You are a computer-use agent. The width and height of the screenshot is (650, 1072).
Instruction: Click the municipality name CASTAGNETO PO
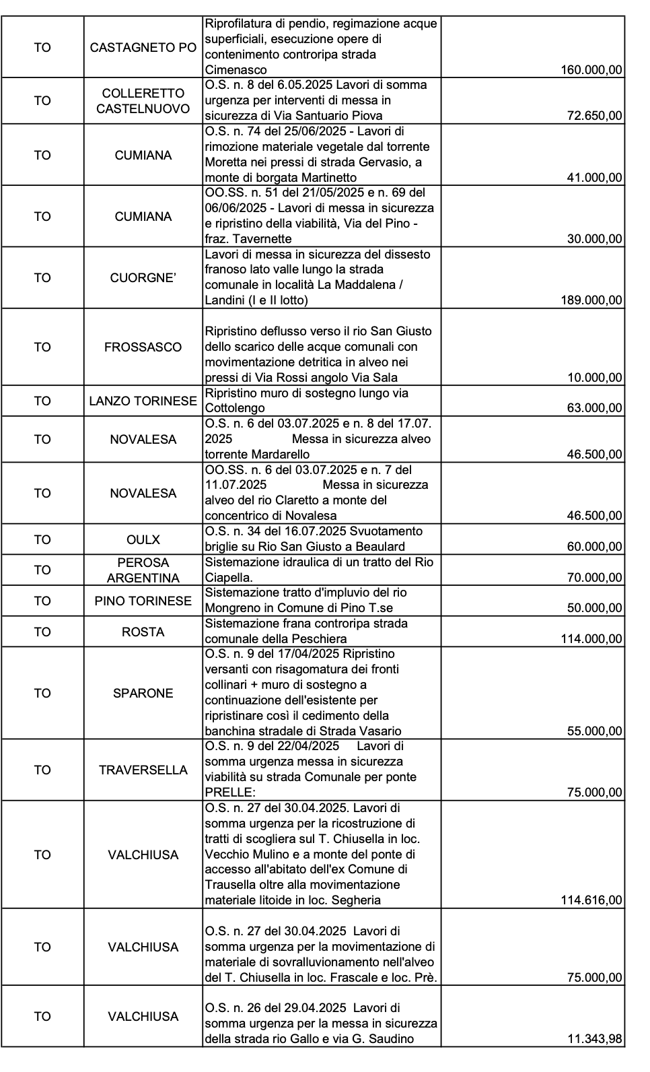pyautogui.click(x=143, y=48)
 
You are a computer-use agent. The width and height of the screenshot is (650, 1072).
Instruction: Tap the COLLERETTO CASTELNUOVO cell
pyautogui.click(x=143, y=100)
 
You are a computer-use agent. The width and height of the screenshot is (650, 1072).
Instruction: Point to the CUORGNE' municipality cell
pyautogui.click(x=143, y=277)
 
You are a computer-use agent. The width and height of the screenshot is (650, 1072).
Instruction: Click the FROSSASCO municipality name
pyautogui.click(x=143, y=347)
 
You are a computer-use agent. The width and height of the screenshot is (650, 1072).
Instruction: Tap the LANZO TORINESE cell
pyautogui.click(x=143, y=401)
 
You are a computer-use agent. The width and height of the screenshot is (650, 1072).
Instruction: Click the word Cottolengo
pyautogui.click(x=235, y=408)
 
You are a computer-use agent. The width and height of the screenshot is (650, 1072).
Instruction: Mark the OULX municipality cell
pyautogui.click(x=143, y=539)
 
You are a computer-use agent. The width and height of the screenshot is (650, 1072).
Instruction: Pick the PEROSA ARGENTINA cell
pyautogui.click(x=143, y=570)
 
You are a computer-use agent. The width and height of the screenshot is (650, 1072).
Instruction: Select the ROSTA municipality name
pyautogui.click(x=143, y=632)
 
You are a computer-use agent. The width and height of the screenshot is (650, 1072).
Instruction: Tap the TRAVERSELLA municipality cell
pyautogui.click(x=143, y=770)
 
